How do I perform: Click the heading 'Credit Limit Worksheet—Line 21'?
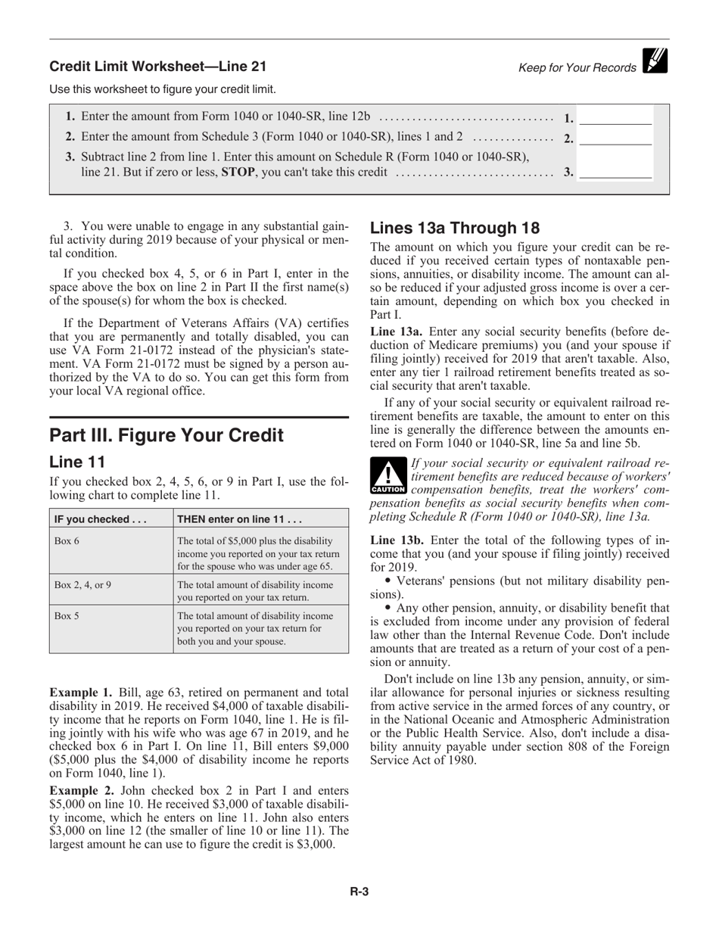tap(157, 67)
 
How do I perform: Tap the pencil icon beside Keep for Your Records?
tap(655, 61)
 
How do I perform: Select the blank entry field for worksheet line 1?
tap(615, 118)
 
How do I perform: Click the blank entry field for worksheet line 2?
tap(615, 139)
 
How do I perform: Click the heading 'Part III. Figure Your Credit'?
tap(167, 435)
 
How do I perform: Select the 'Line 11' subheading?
tap(76, 462)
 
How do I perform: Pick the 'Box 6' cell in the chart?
tap(67, 540)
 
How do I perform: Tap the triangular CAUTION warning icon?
tap(388, 476)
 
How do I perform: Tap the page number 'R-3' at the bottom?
tap(359, 892)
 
